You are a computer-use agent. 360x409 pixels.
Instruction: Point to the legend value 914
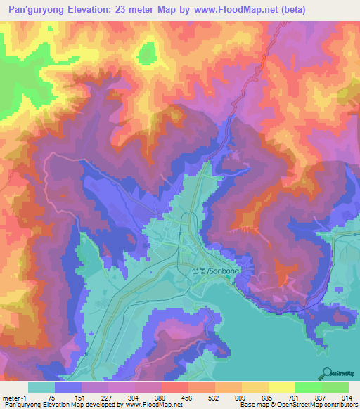[x=347, y=398]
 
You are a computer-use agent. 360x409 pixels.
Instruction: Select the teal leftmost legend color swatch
[x=41, y=387]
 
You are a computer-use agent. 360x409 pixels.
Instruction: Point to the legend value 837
[x=321, y=398]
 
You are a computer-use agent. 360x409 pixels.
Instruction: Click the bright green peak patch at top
[x=148, y=54]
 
